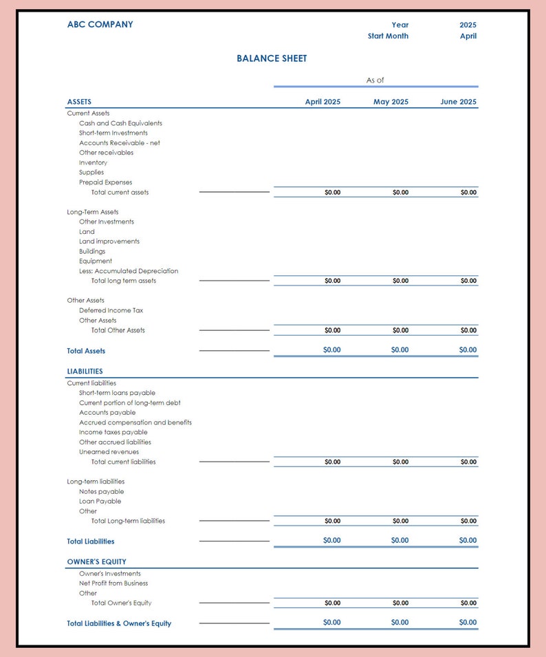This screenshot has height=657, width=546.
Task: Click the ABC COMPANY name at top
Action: [x=100, y=25]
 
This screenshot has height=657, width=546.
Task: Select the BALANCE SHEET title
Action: [x=272, y=58]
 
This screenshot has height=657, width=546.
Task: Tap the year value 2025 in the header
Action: [x=468, y=25]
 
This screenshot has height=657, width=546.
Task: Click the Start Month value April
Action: [x=468, y=36]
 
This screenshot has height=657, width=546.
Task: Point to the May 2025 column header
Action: [x=391, y=102]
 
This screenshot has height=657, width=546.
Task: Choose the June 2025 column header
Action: [x=458, y=102]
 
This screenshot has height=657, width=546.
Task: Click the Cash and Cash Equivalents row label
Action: [x=120, y=123]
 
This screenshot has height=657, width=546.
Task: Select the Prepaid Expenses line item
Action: [x=105, y=182]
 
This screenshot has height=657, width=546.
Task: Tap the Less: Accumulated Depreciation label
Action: [x=129, y=271]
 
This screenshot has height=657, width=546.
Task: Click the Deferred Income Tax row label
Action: [x=111, y=310]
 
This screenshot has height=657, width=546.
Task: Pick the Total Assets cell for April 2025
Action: [x=331, y=350]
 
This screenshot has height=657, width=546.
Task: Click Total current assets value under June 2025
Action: [x=468, y=193]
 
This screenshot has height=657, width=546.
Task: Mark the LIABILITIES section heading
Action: [x=85, y=371]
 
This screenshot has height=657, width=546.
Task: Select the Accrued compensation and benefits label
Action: [x=135, y=422]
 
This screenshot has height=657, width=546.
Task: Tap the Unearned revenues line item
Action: [x=109, y=452]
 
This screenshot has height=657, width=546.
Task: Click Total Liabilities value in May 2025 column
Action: [x=400, y=541]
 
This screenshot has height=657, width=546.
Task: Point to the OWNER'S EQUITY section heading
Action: [x=96, y=562]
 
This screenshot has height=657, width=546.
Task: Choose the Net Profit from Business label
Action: [x=113, y=583]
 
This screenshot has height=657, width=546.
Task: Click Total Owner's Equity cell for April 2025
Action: [x=332, y=603]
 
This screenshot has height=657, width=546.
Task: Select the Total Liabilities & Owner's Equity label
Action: [x=119, y=624]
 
